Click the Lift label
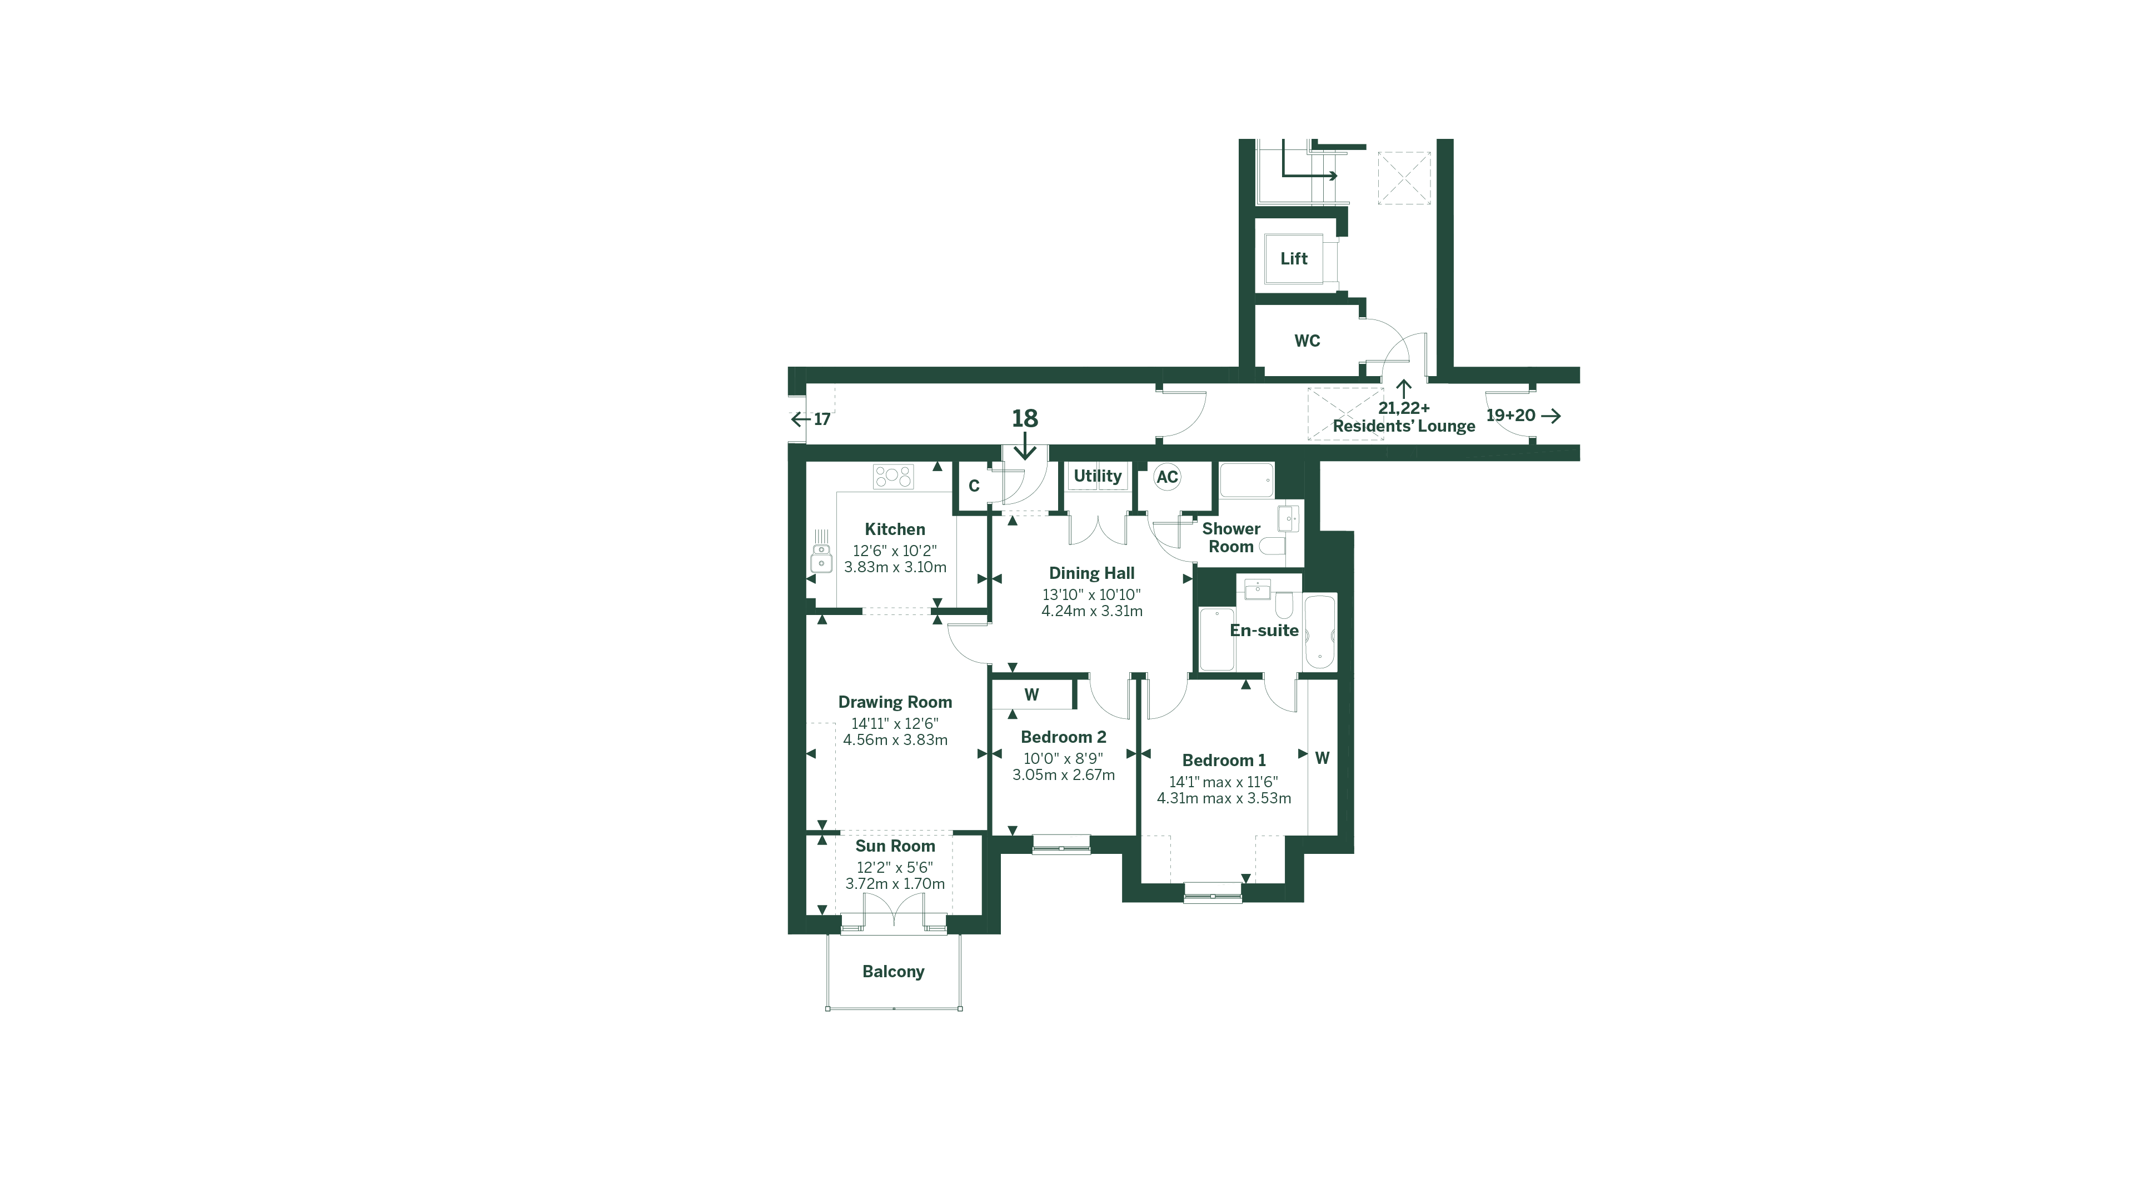point(1293,258)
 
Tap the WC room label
point(1307,341)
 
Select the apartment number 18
point(1025,418)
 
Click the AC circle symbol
point(1166,477)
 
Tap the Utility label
point(1097,476)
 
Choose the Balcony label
point(893,972)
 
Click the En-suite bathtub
point(1319,632)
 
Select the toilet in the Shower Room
point(1272,546)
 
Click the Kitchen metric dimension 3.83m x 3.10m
point(895,567)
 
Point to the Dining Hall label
point(1091,573)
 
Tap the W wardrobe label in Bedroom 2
point(1031,695)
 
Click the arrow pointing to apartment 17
point(800,419)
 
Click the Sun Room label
point(895,846)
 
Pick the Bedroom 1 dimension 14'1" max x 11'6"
point(1223,782)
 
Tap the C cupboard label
point(974,486)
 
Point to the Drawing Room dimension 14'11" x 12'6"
point(895,723)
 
